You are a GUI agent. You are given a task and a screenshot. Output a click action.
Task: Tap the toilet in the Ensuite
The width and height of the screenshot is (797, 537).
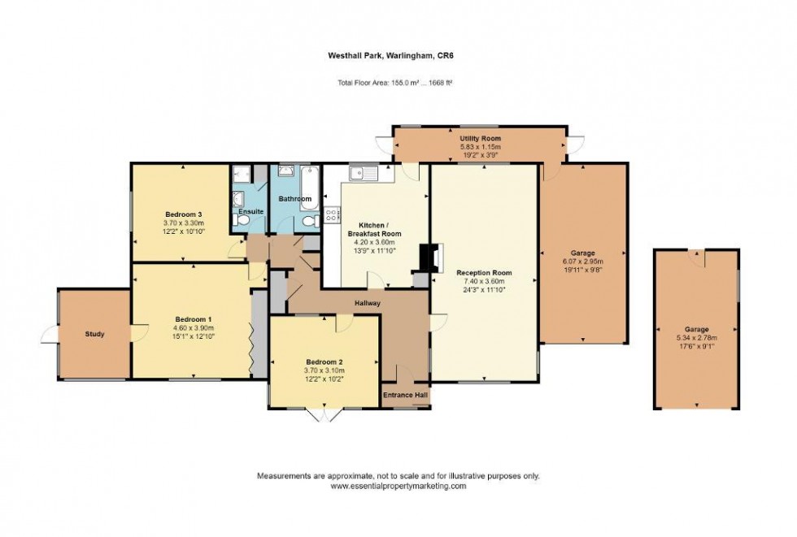(x=241, y=220)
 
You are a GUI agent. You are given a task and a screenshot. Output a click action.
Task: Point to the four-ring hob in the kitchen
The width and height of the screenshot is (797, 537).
(x=332, y=215)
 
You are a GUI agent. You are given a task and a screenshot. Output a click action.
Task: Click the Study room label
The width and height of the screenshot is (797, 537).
(x=94, y=334)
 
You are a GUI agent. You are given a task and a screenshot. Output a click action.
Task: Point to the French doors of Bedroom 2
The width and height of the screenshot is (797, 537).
(x=324, y=414)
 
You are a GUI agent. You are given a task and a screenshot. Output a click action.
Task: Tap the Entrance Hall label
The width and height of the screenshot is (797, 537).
(x=406, y=396)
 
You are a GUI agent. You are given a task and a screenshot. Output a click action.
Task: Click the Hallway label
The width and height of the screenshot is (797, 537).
(x=367, y=303)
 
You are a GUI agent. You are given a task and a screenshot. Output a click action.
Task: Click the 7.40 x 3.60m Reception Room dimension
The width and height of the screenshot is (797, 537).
(x=483, y=281)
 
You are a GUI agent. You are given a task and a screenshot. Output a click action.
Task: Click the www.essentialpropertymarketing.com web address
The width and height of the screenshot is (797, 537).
(x=398, y=486)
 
